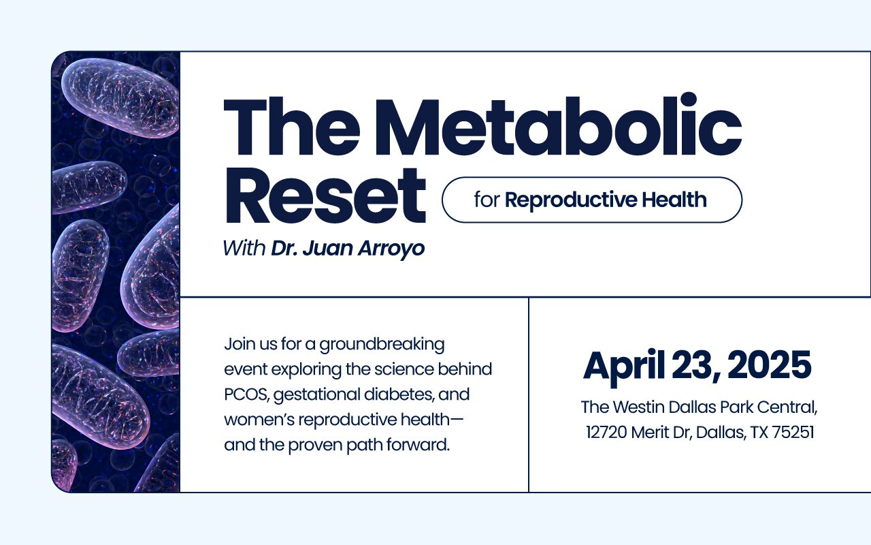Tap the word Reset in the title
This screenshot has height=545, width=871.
tap(325, 196)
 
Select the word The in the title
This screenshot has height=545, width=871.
tap(292, 127)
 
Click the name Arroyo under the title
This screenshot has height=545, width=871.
tap(391, 249)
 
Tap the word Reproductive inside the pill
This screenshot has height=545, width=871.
tap(571, 200)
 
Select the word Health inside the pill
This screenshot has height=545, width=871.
tap(674, 200)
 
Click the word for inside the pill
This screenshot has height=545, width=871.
tap(487, 200)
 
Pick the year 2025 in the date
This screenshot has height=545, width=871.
tap(769, 364)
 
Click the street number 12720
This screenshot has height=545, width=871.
tap(606, 433)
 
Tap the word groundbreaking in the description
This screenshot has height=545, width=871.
tap(382, 345)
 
